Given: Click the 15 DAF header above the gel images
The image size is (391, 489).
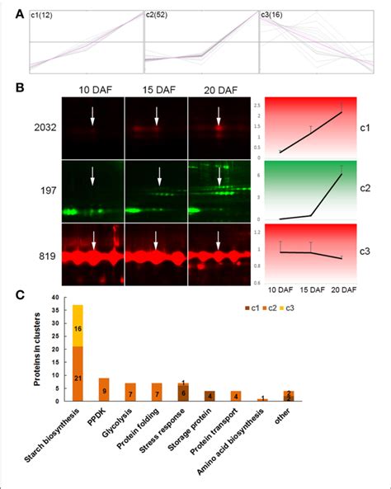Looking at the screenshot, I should (156, 88).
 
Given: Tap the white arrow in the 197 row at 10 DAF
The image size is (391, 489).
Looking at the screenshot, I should (92, 176).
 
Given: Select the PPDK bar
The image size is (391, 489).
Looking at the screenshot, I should (104, 390).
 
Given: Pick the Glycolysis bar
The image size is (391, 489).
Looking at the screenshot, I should (130, 393).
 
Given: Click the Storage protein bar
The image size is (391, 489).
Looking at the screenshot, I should (210, 397).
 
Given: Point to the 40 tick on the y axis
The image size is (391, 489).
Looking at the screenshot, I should (56, 298).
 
